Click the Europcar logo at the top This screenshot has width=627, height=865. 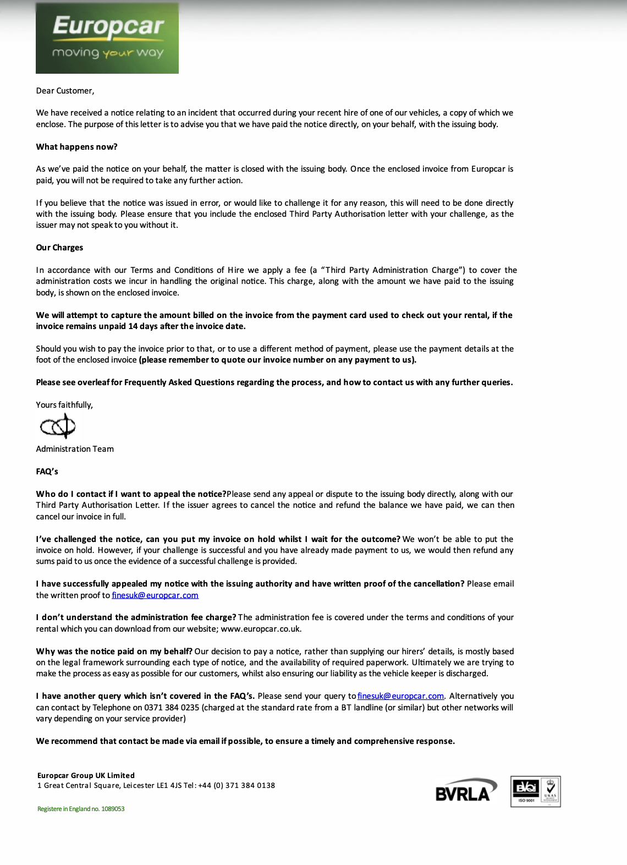coord(107,38)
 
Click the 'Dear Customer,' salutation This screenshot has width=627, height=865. coord(65,91)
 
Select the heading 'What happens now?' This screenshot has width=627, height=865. coord(76,147)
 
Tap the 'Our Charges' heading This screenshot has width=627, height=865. coord(59,248)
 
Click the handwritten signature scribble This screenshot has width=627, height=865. coord(58,426)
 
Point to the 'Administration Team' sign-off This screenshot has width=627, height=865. coord(75,449)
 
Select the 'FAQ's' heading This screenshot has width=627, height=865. coord(47,472)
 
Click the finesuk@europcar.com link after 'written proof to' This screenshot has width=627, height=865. coord(155,595)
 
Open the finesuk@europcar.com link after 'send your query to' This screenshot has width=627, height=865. coord(400,696)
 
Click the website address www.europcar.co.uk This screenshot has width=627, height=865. coord(261,629)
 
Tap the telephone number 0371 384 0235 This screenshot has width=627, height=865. coord(172,708)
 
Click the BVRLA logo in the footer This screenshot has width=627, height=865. coord(465,791)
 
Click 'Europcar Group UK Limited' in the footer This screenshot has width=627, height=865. coord(86,775)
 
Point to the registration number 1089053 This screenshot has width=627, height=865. coord(113,809)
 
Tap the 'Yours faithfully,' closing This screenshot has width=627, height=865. coord(64,405)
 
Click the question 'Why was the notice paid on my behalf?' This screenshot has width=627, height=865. coord(114,652)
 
